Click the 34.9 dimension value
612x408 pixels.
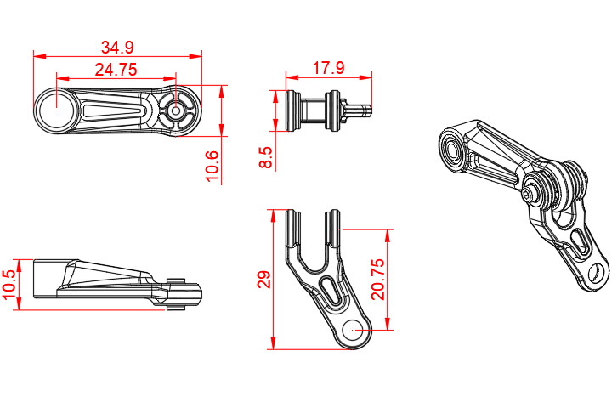tap(117, 46)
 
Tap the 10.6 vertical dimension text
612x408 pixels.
tap(212, 166)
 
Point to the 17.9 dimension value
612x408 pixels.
tap(328, 68)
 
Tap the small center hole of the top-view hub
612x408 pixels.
tap(176, 110)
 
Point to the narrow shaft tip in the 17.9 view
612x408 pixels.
tap(365, 109)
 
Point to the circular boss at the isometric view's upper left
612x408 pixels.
tap(451, 151)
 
